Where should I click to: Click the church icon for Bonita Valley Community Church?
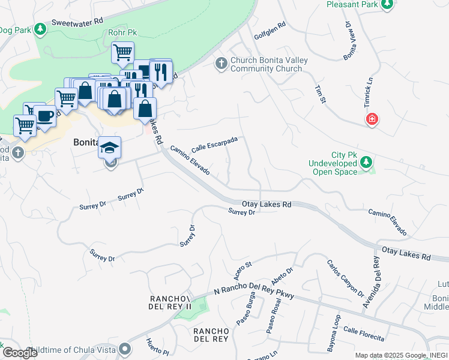(221, 63)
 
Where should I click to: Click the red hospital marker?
(372, 119)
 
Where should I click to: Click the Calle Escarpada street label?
(214, 144)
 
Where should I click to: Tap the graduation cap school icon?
(110, 147)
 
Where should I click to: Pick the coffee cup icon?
(44, 115)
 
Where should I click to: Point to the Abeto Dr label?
(282, 277)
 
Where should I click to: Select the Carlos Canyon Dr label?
(345, 278)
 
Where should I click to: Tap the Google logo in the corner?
(20, 352)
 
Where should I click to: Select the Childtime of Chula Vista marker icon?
(125, 349)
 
